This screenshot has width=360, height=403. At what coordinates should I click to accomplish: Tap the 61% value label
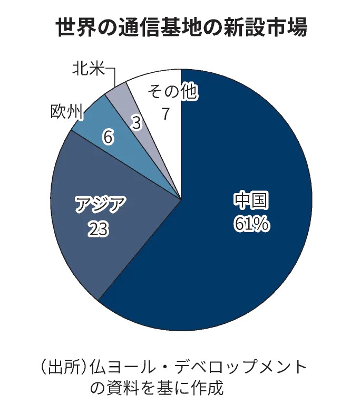[x=251, y=224]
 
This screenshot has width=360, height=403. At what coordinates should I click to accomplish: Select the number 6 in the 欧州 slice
[x=108, y=138]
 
